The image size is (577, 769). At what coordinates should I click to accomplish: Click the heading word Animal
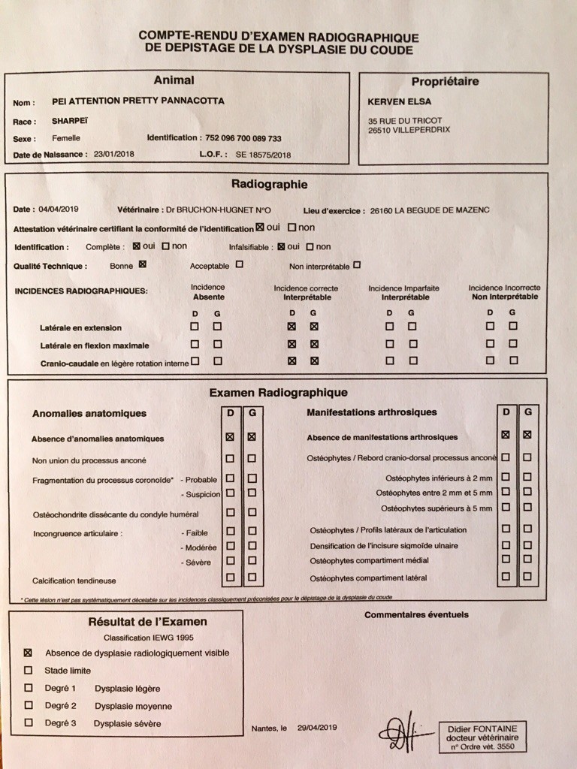[174, 80]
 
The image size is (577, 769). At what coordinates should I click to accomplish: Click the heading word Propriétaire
[445, 82]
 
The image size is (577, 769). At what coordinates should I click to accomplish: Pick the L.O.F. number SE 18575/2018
[263, 155]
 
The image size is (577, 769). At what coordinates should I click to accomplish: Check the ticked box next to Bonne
[142, 264]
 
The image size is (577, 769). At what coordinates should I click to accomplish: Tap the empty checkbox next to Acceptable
[239, 264]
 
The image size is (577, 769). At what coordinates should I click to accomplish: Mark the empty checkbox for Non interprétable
[357, 264]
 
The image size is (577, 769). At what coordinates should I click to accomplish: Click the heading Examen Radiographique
[278, 392]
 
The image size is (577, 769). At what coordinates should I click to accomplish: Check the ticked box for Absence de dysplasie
[29, 653]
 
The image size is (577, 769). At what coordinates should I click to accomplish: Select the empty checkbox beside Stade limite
[29, 671]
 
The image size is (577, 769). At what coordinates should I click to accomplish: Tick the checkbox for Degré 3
[29, 723]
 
